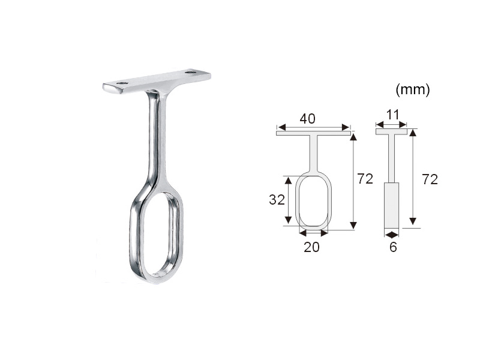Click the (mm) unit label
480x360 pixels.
[x=413, y=91]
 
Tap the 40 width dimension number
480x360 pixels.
[x=308, y=119]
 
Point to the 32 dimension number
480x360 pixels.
[x=277, y=200]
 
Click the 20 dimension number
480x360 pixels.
[x=311, y=247]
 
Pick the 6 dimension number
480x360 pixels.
[x=393, y=247]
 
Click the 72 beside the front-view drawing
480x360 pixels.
[x=365, y=179]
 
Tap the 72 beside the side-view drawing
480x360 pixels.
[x=430, y=179]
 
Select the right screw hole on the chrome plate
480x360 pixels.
[x=191, y=73]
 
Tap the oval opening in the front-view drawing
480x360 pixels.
[x=313, y=201]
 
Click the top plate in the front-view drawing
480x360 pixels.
[x=313, y=133]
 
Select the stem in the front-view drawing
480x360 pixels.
[x=313, y=153]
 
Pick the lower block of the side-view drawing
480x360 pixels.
[x=391, y=204]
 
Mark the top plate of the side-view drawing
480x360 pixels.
[x=391, y=131]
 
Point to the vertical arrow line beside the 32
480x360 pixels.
[x=289, y=200]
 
